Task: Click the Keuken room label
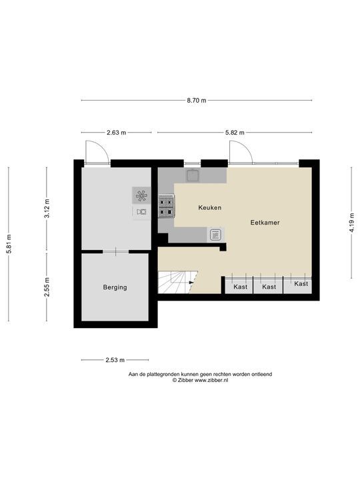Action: click(x=210, y=207)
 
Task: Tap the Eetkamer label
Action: click(x=265, y=223)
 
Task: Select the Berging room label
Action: click(x=115, y=287)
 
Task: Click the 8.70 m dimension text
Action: click(x=197, y=100)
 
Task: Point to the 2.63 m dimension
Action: click(x=116, y=133)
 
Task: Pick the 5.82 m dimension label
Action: click(x=235, y=133)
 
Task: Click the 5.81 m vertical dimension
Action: click(x=9, y=244)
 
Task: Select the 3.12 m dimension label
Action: click(x=47, y=208)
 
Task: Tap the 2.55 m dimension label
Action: click(x=47, y=287)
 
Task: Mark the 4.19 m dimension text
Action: click(x=351, y=223)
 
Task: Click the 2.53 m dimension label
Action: click(x=115, y=360)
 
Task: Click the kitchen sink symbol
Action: click(x=193, y=175)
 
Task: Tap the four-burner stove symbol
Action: click(x=166, y=206)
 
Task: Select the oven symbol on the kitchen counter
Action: click(x=215, y=235)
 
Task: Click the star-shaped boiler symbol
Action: click(x=141, y=195)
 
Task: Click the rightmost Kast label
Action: click(x=301, y=284)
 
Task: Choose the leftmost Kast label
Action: click(x=240, y=287)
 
